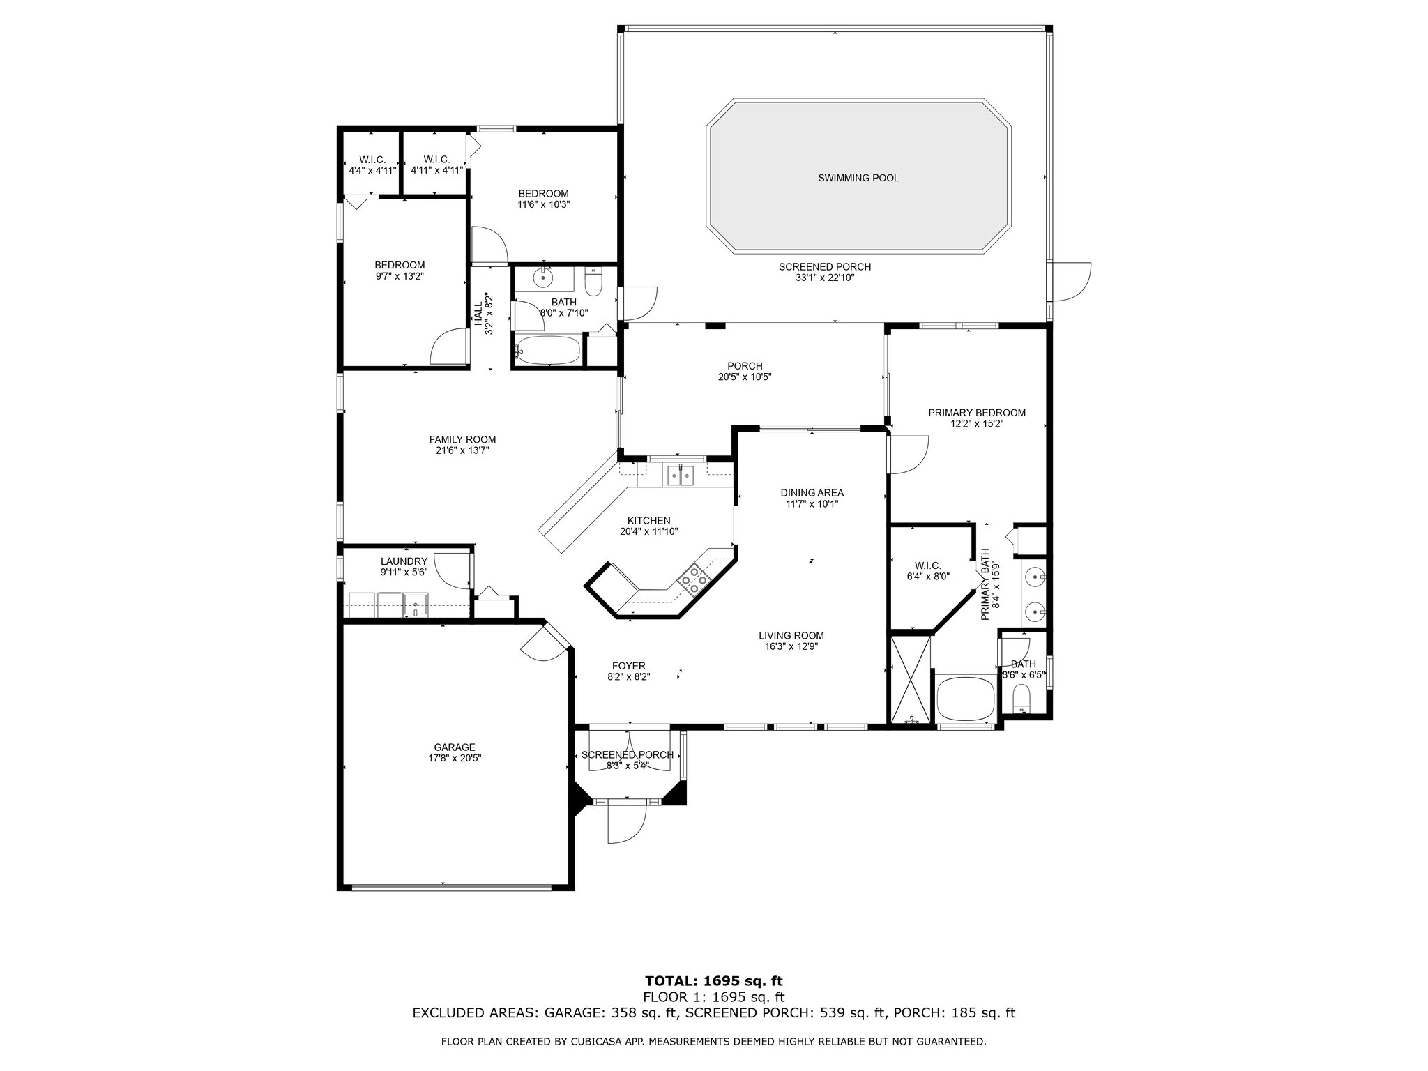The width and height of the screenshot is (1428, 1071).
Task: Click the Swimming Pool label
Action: coord(858,178)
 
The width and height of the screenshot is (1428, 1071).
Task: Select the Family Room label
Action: coord(462,439)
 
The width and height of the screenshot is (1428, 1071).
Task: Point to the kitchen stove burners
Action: coord(694,578)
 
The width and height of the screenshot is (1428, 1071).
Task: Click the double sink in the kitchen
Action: coord(680,476)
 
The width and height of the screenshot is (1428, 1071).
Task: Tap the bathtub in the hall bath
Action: coord(548,351)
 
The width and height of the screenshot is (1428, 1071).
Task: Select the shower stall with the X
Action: coord(910,676)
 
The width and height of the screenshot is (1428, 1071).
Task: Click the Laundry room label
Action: coord(404,561)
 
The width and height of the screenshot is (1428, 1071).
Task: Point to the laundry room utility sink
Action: coord(416,605)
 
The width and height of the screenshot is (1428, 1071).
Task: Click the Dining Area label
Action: coord(812,493)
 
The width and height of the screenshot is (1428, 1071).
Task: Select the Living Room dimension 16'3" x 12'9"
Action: coord(791,646)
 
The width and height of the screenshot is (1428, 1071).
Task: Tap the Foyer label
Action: coord(628,666)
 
